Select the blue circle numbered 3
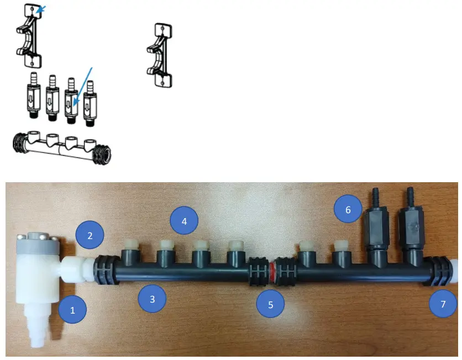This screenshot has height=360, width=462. click(x=153, y=299)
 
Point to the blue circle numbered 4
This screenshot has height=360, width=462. click(x=185, y=222)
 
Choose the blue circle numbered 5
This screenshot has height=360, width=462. click(x=270, y=304)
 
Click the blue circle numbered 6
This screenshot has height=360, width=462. click(x=348, y=210)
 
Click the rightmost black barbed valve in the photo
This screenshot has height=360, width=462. click(x=412, y=226)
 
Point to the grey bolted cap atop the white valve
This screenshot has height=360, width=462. click(x=38, y=238)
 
